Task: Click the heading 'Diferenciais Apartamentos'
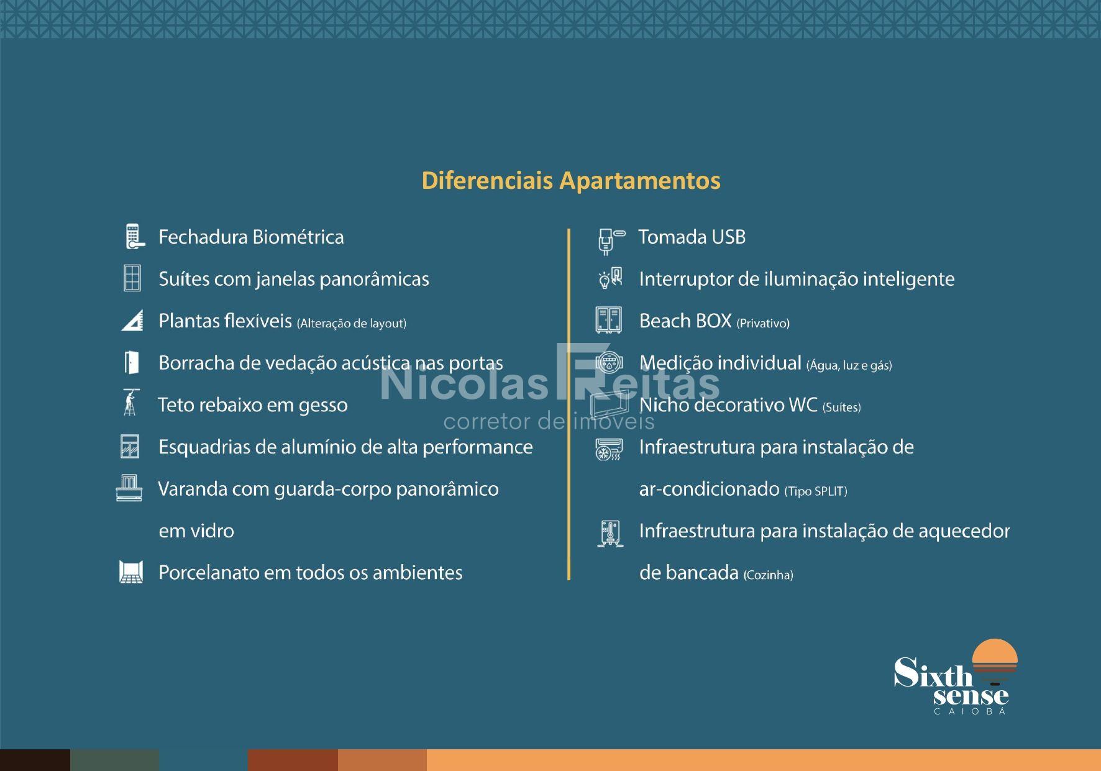pyautogui.click(x=571, y=180)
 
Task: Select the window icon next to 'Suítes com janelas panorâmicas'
pyautogui.click(x=132, y=278)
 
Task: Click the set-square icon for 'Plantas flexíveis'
pyautogui.click(x=132, y=320)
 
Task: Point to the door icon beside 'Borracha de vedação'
pyautogui.click(x=131, y=362)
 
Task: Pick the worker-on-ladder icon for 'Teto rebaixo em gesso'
pyautogui.click(x=130, y=403)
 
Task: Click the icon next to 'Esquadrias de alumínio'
pyautogui.click(x=130, y=446)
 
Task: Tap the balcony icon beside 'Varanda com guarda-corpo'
pyautogui.click(x=129, y=488)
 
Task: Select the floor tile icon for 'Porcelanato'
pyautogui.click(x=131, y=572)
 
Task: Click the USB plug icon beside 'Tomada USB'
pyautogui.click(x=610, y=241)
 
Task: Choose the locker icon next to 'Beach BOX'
pyautogui.click(x=609, y=320)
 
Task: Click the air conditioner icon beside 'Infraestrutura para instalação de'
pyautogui.click(x=609, y=449)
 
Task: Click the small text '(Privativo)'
pyautogui.click(x=763, y=323)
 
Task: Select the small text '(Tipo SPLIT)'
pyautogui.click(x=816, y=491)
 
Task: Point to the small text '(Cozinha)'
pyautogui.click(x=769, y=575)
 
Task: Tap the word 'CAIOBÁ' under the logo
pyautogui.click(x=970, y=711)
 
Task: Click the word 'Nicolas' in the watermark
pyautogui.click(x=464, y=383)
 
